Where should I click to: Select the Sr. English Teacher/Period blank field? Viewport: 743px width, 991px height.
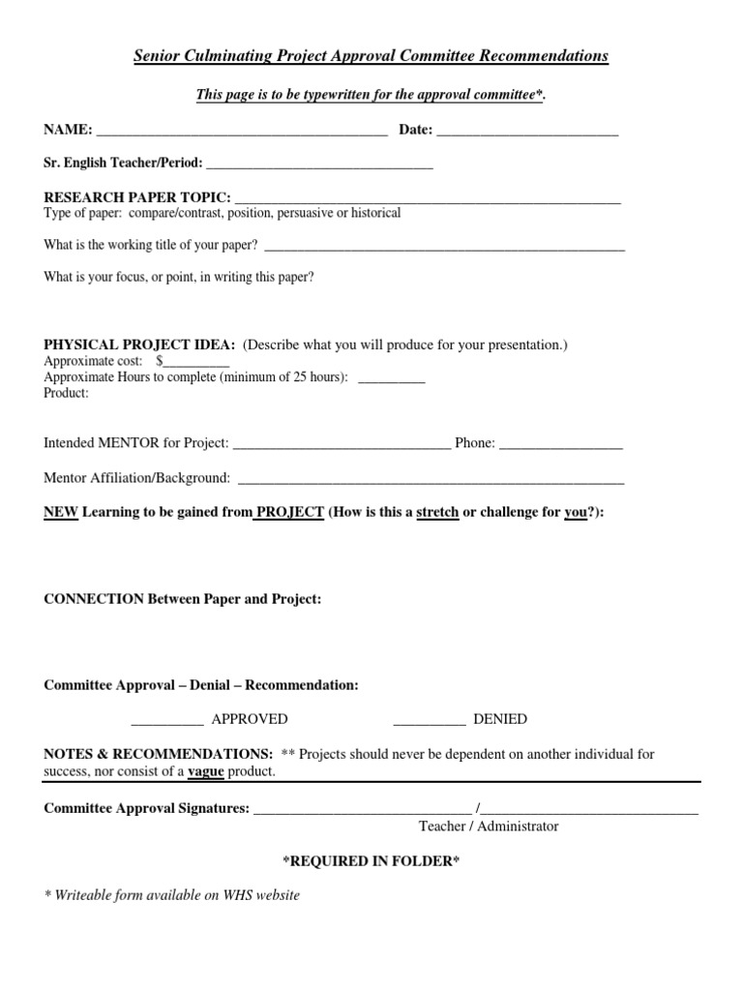coord(319,165)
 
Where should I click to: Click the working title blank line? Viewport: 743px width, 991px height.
coord(444,247)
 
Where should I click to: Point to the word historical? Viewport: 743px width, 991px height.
coord(370,213)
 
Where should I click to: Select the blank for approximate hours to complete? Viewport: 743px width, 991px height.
coord(391,378)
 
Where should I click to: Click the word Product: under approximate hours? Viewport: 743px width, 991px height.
coord(66,393)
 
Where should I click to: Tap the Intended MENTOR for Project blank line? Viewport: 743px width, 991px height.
coord(342,444)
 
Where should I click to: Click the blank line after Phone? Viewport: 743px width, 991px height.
coord(561,444)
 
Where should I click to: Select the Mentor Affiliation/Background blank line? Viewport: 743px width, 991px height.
coord(431,479)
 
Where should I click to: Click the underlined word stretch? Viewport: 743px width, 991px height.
coord(437,512)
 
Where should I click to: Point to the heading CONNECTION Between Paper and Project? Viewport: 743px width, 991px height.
coord(183,599)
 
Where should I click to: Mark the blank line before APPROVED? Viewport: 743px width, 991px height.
coord(166,720)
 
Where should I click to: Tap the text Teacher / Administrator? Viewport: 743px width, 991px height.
coord(489,826)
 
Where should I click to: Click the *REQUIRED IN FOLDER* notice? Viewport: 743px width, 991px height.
coord(371,860)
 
